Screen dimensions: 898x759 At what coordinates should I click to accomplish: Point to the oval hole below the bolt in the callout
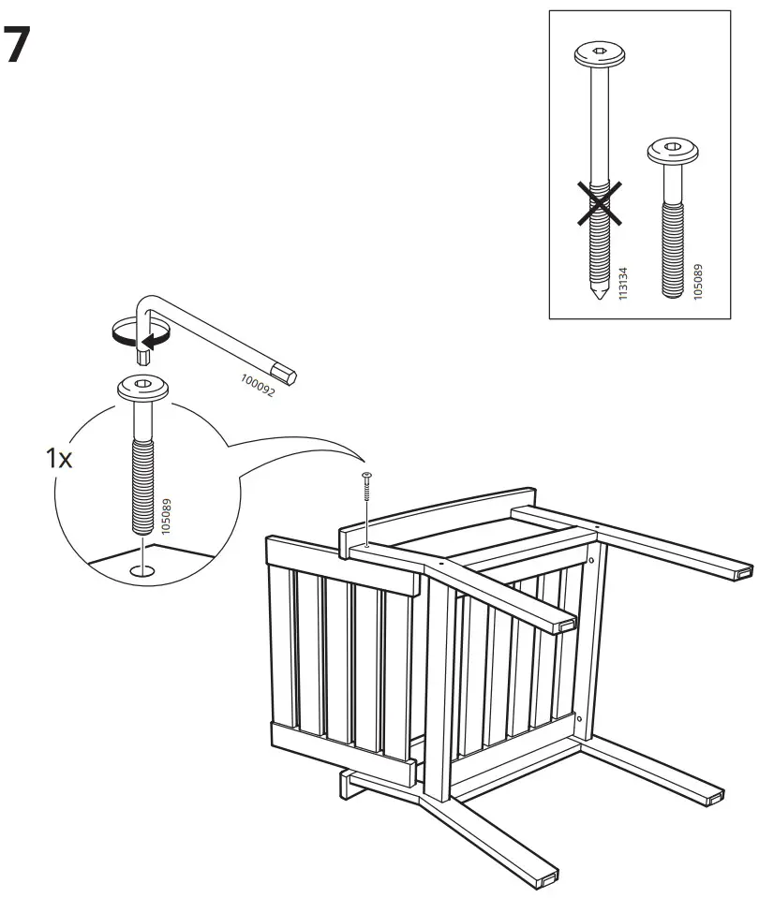(x=142, y=568)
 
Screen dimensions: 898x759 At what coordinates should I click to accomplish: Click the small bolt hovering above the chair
(x=366, y=490)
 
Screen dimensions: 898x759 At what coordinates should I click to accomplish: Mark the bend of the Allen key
(x=146, y=302)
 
